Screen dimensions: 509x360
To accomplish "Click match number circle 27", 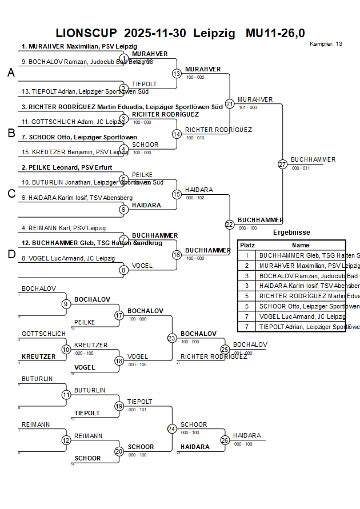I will [x=282, y=165].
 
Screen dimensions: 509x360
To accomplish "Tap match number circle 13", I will [x=177, y=74].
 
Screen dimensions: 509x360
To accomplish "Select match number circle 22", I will [x=230, y=225].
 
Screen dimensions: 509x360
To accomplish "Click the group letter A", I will [x=11, y=73].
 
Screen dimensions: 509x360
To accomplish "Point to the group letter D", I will [x=11, y=254].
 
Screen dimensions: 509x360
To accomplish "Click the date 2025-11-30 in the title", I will [x=154, y=33].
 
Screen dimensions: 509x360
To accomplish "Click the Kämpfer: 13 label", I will [x=326, y=44].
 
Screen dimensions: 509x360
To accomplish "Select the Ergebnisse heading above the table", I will [x=291, y=233].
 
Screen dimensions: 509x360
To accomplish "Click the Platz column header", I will [x=247, y=245].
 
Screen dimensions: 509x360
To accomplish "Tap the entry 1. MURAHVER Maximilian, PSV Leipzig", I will [x=79, y=47].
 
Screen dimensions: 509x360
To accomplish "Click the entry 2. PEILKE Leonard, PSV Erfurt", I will [x=67, y=167].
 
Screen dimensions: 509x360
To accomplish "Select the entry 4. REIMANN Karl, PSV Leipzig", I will [x=63, y=228].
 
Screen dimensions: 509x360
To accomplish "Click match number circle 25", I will [x=225, y=349].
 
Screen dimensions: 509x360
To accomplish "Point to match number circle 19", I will [x=119, y=406].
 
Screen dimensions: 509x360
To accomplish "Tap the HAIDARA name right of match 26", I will [x=247, y=435].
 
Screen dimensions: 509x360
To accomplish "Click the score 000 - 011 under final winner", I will [x=301, y=168].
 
